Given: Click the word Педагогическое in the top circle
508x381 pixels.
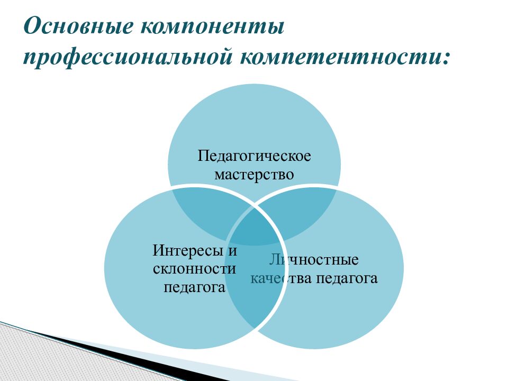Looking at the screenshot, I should tap(255, 157).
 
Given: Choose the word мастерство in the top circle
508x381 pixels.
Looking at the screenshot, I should tap(255, 174).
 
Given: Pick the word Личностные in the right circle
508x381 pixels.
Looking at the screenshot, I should tap(314, 260).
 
